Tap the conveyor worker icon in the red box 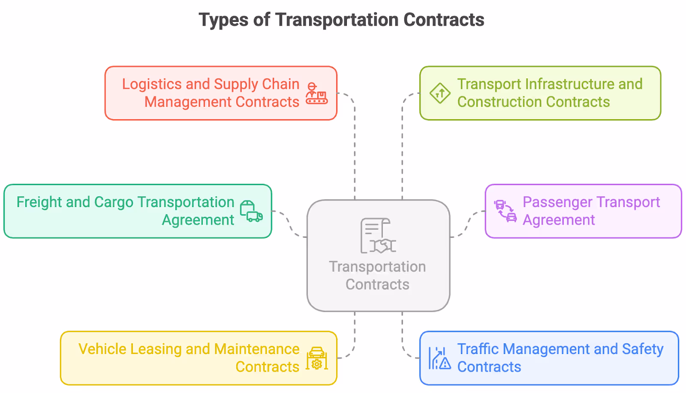pyautogui.click(x=316, y=93)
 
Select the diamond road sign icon pyautogui.click(x=440, y=93)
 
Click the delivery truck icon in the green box pyautogui.click(x=251, y=211)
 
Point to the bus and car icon pyautogui.click(x=505, y=211)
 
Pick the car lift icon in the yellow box pyautogui.click(x=317, y=358)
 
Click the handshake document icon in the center pyautogui.click(x=378, y=236)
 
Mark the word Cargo pyautogui.click(x=114, y=202)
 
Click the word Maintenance pyautogui.click(x=256, y=349)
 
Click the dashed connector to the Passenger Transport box pyautogui.click(x=468, y=223)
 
